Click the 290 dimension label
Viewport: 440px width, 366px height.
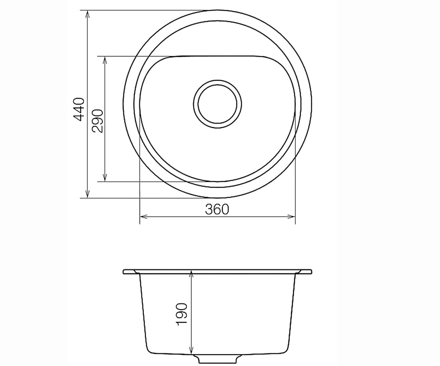click(x=98, y=121)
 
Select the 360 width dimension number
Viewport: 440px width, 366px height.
click(x=217, y=209)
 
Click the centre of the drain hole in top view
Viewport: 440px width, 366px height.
click(x=217, y=104)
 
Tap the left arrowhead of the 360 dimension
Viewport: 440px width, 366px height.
click(x=144, y=216)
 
